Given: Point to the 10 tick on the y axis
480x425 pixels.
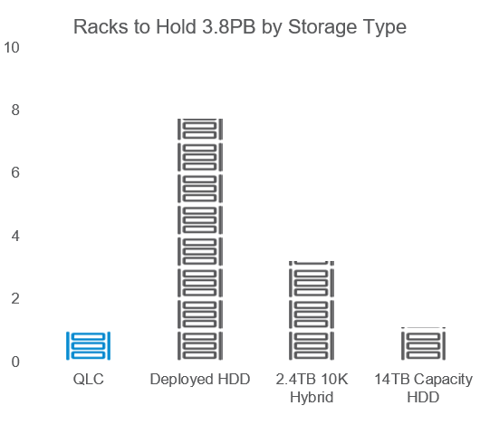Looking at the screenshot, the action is click(x=12, y=47).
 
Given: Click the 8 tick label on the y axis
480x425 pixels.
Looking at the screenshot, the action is click(x=15, y=110).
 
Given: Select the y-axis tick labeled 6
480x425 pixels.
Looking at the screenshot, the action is click(x=15, y=172).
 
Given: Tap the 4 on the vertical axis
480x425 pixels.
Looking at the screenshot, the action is click(x=15, y=236).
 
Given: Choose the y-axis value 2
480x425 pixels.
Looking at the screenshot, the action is click(x=15, y=298).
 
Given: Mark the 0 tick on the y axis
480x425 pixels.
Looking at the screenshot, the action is click(x=15, y=362).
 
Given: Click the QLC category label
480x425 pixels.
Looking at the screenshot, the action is click(x=89, y=380).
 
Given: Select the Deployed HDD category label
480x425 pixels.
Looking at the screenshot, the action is click(x=200, y=380).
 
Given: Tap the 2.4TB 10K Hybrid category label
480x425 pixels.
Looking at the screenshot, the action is click(x=312, y=388).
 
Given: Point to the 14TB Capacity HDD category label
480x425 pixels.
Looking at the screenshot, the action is click(x=423, y=388).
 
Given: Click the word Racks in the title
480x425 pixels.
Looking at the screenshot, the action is click(x=101, y=27).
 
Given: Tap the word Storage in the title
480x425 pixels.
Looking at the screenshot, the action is click(x=322, y=28).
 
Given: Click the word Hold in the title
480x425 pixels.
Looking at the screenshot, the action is click(x=176, y=27).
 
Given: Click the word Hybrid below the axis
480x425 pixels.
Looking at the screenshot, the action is click(x=312, y=398).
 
